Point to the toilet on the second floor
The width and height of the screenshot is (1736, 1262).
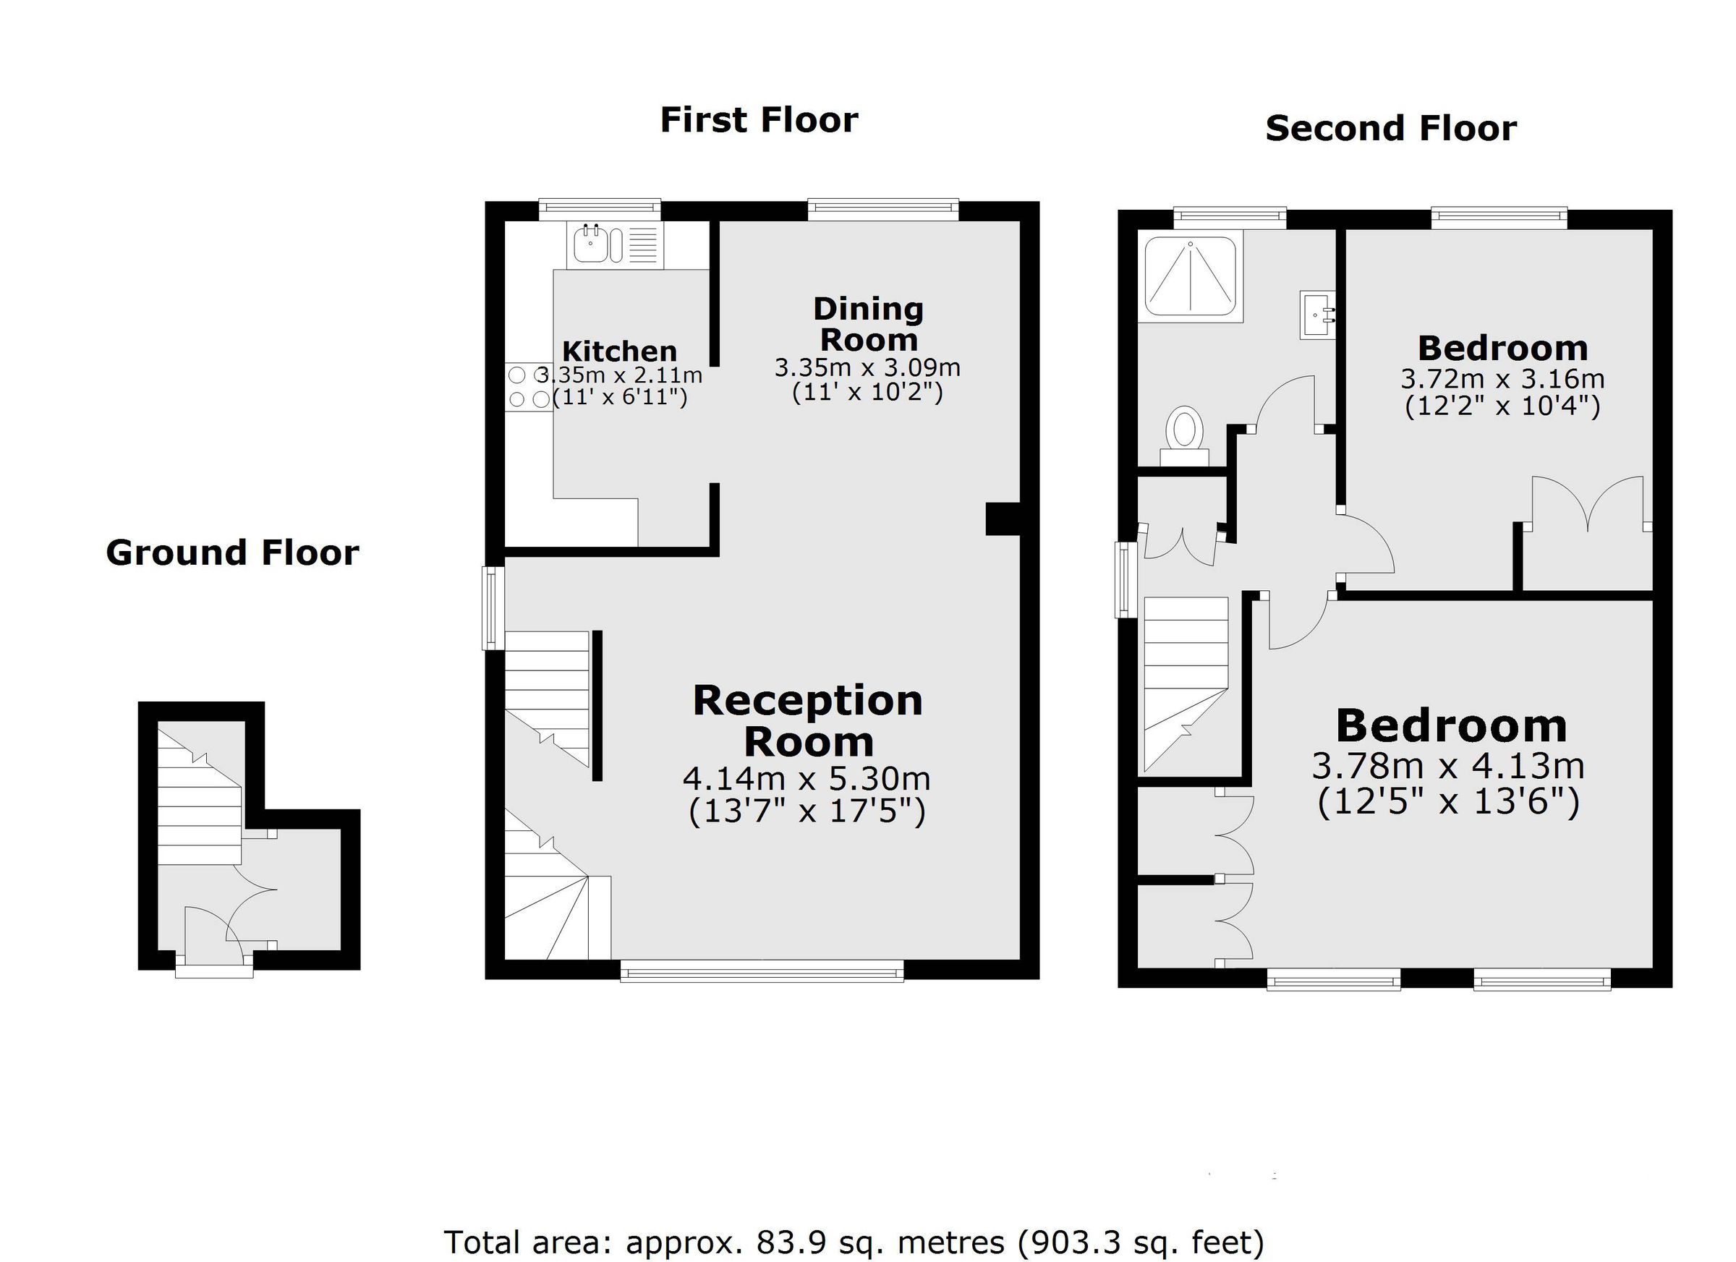coord(1184,430)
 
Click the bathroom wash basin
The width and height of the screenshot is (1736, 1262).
coord(1317,314)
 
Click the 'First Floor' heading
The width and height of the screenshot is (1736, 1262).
coord(759,121)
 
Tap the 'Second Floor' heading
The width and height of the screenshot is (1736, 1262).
coord(1390,129)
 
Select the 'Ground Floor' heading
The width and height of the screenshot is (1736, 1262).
coord(232,553)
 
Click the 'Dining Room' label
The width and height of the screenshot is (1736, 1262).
coord(868,325)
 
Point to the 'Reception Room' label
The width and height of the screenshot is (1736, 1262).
coord(807,722)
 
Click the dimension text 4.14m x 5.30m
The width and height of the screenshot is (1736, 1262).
coord(806,779)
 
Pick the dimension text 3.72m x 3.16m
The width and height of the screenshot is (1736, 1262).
coord(1502,379)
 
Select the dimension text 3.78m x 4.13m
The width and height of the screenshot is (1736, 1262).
coord(1447,765)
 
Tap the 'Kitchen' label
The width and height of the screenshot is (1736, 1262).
coord(619,352)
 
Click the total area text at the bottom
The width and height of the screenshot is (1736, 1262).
coord(854,1241)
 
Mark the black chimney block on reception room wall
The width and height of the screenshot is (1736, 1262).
coord(1002,519)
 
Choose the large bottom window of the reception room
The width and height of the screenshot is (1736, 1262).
coord(762,973)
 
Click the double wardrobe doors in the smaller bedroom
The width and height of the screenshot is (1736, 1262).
coord(1587,506)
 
